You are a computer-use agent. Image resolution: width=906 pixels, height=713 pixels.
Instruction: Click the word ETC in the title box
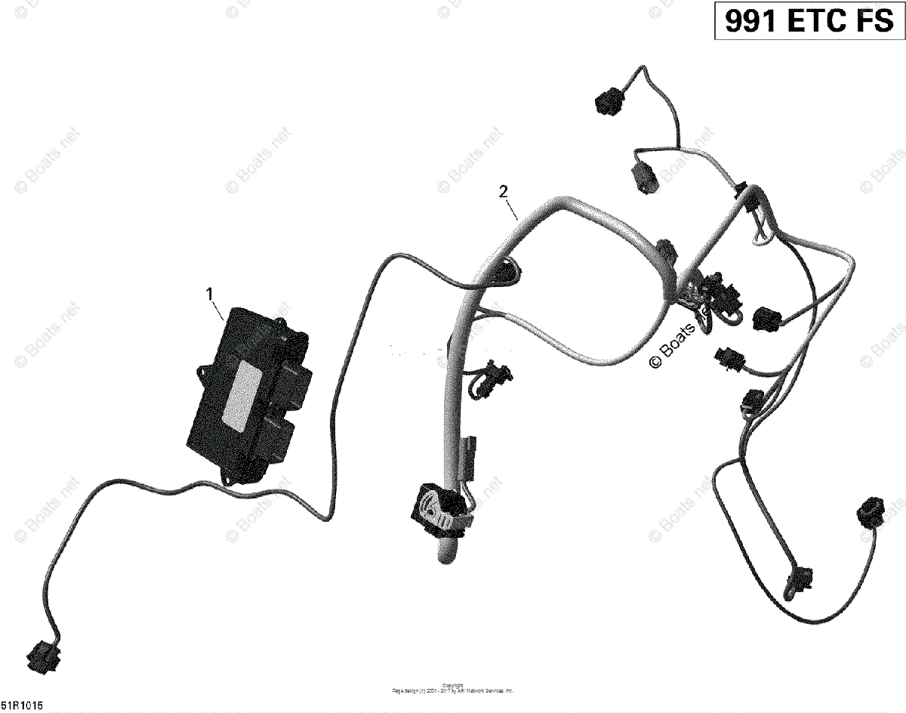click(818, 22)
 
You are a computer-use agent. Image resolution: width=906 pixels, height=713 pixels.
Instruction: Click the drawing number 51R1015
click(23, 705)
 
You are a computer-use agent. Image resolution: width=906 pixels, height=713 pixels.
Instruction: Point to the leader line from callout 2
click(511, 208)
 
